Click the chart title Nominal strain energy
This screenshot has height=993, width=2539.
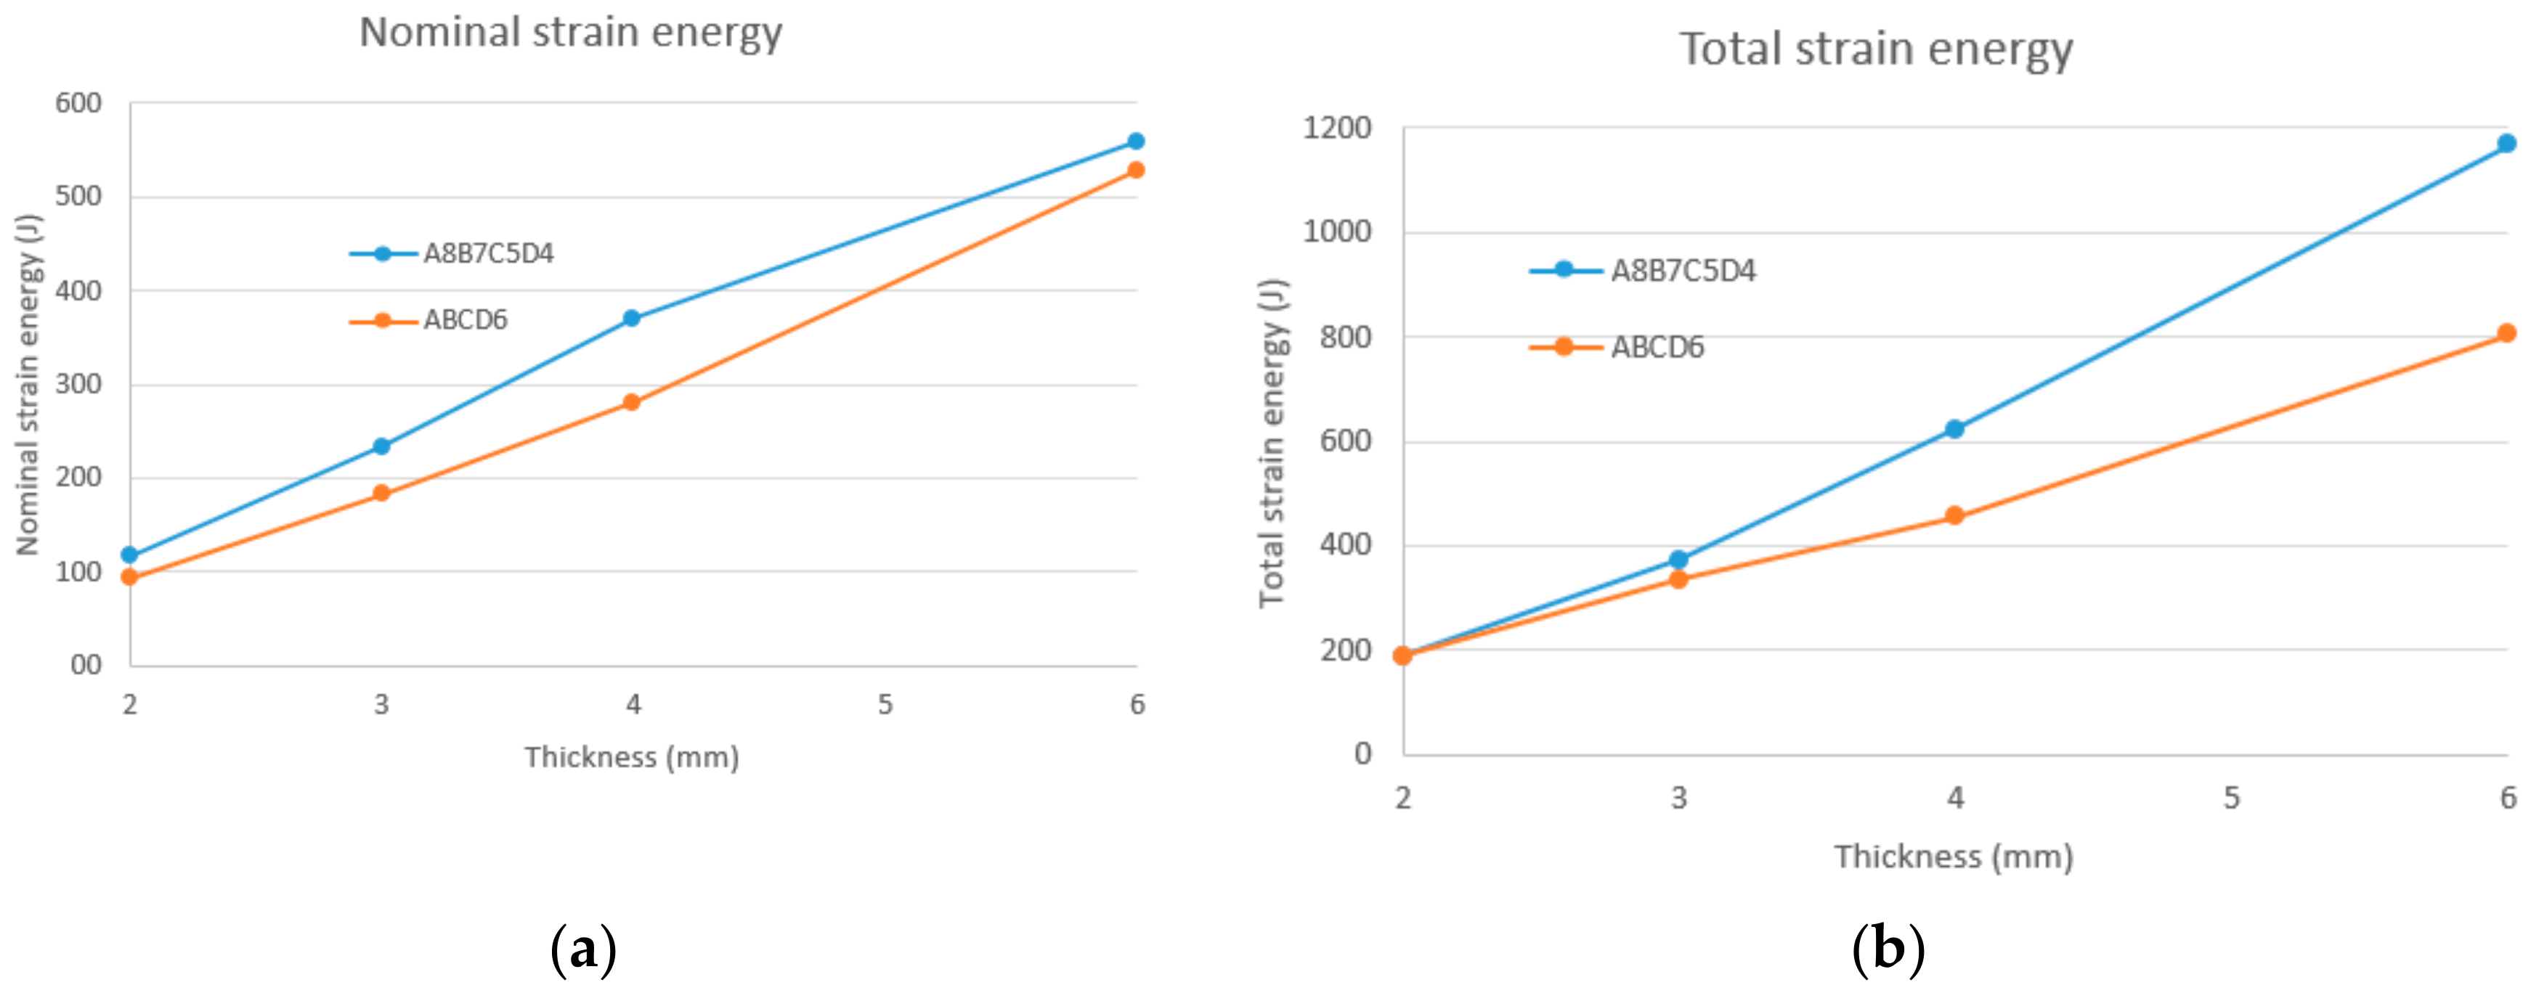(571, 33)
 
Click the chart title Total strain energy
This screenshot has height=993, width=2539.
(1876, 49)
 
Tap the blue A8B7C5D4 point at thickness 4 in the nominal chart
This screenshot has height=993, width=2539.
(632, 318)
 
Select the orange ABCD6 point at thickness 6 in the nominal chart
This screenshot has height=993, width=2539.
(1135, 171)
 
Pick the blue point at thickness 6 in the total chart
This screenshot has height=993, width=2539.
(2506, 144)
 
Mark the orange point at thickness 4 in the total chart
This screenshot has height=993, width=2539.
(1954, 516)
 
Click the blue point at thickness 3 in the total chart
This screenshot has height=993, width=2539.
(1678, 560)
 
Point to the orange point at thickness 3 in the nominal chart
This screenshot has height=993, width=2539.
(381, 494)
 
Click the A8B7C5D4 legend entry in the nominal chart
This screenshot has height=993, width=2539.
(488, 254)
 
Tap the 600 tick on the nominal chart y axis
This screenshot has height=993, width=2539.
(79, 103)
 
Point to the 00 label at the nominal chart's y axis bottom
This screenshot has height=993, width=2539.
(86, 665)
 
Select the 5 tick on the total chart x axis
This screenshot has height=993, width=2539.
(2232, 798)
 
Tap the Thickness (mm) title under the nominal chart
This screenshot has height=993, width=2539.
(632, 758)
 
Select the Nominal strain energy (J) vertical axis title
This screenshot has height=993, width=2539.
(28, 384)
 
